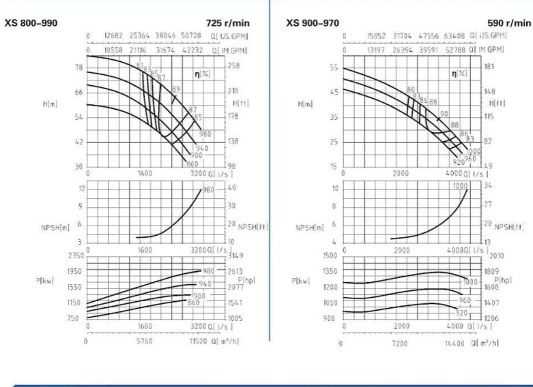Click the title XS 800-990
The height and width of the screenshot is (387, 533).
(x=31, y=22)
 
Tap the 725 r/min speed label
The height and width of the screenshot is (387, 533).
(x=234, y=22)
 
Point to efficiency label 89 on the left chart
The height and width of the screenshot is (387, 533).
(x=176, y=90)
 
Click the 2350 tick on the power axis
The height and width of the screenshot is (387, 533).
(x=73, y=256)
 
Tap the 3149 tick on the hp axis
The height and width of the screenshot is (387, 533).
(x=235, y=257)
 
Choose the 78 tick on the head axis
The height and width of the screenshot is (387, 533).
(x=79, y=67)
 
